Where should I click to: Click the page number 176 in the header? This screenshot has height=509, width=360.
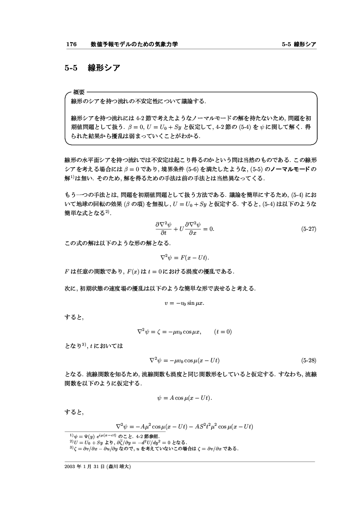(71, 44)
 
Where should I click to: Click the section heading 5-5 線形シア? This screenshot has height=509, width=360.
(92, 68)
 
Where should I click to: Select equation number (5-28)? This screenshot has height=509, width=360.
(309, 360)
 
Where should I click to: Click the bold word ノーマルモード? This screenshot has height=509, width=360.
(290, 170)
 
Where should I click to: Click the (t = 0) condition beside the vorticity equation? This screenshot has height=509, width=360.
(223, 331)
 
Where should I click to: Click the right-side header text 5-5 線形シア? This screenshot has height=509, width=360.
(299, 44)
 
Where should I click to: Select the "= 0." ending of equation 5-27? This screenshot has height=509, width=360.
(209, 229)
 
